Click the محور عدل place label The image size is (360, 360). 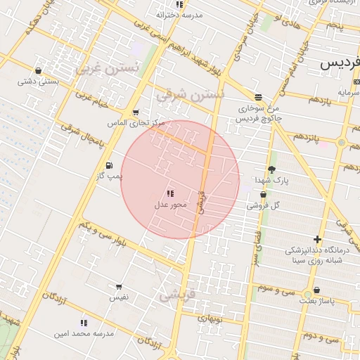[170, 205]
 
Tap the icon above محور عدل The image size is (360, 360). [170, 193]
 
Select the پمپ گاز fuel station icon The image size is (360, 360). [108, 166]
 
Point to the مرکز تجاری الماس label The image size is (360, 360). [136, 122]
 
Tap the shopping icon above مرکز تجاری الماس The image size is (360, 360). [135, 112]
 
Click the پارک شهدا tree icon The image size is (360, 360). [271, 169]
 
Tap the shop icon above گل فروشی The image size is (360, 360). [263, 195]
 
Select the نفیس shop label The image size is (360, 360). [118, 297]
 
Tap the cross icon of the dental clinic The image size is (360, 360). [318, 239]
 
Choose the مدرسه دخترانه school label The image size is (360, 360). [179, 14]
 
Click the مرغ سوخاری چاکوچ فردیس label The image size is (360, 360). [259, 113]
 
